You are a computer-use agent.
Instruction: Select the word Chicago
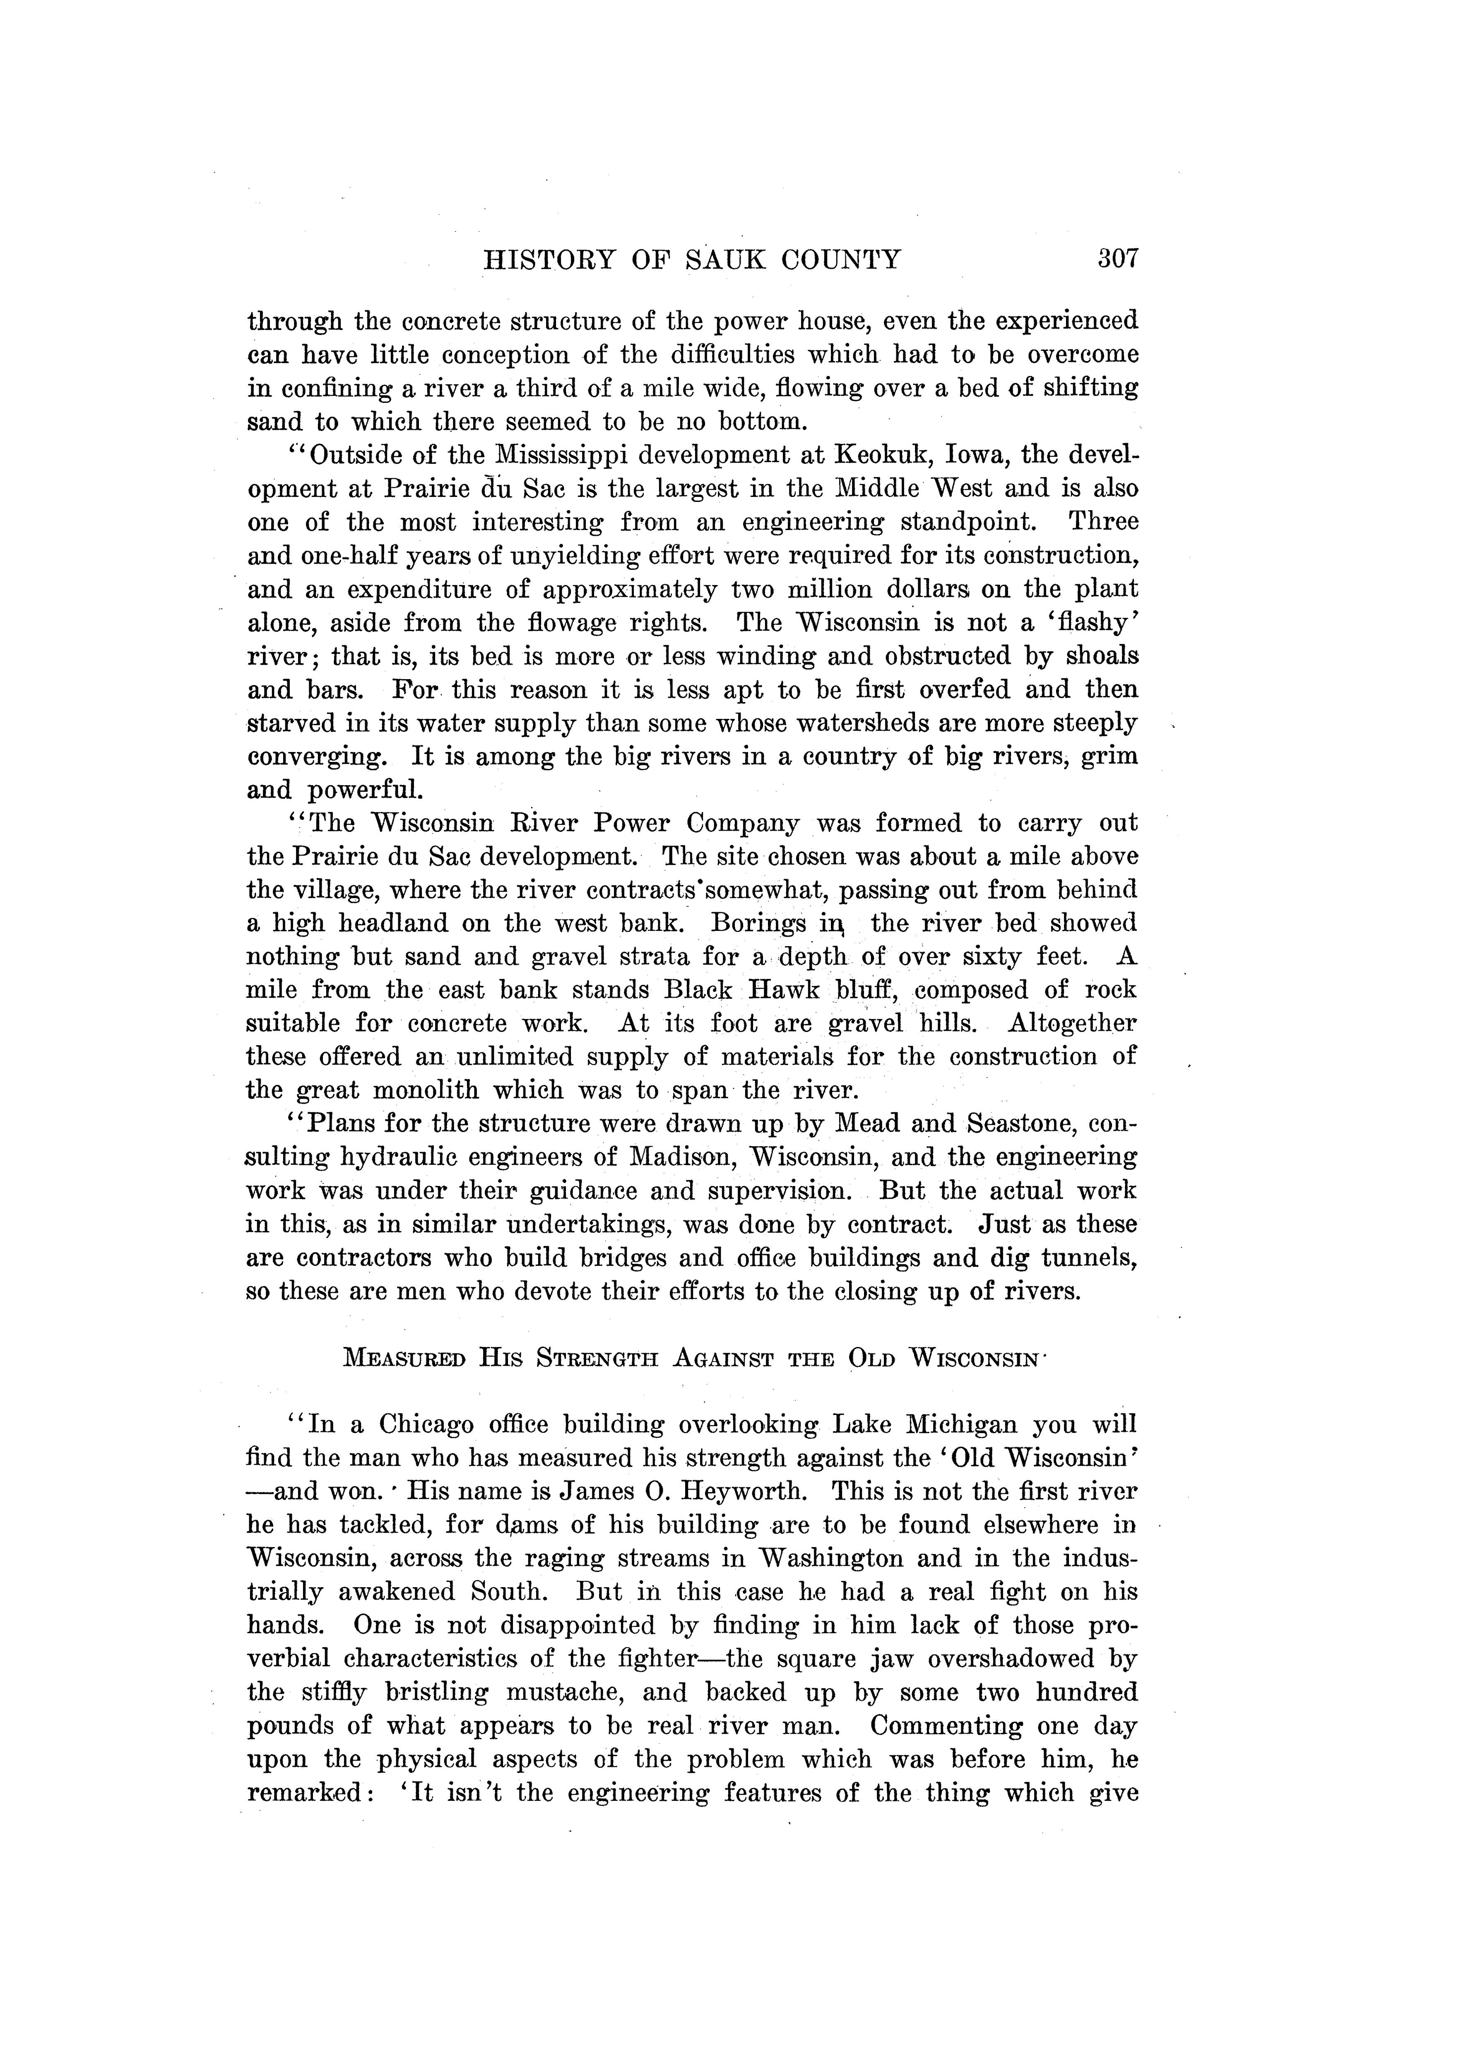426,1424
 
